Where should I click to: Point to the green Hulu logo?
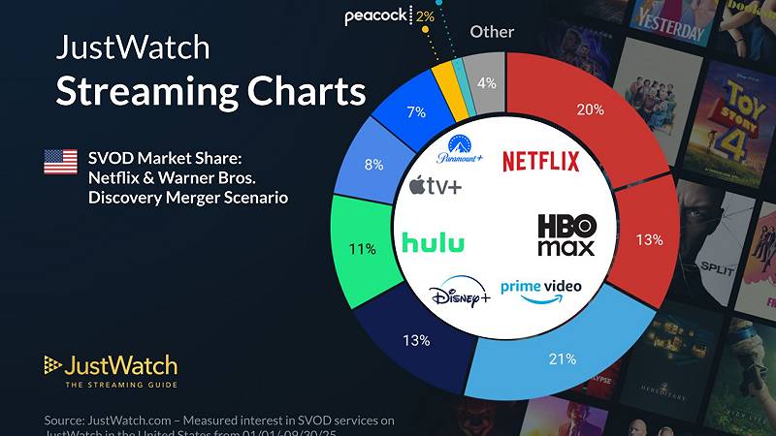coord(433,242)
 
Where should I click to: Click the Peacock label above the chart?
coord(377,16)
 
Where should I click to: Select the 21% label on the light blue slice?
coord(564,358)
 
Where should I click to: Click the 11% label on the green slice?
coord(362,249)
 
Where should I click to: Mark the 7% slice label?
coord(417,112)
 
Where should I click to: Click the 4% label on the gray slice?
coord(486,83)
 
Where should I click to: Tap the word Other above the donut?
coord(492,32)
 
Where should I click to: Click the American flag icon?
coord(61,162)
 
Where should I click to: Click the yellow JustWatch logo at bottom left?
coord(111,368)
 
